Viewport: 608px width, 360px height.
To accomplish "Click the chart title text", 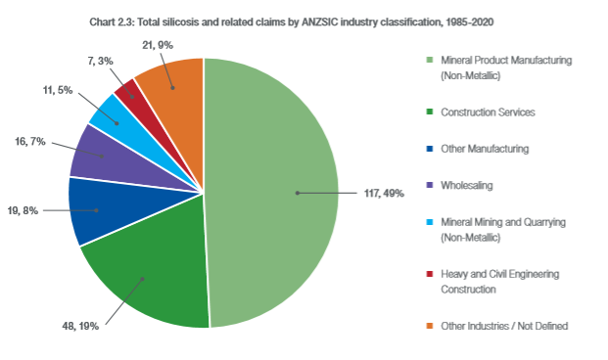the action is click(x=291, y=22).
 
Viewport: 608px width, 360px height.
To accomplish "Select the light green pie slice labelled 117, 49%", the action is click(x=271, y=193).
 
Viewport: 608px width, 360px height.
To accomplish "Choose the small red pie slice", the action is click(x=140, y=102).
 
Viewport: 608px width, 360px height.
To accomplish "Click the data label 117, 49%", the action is click(x=384, y=193).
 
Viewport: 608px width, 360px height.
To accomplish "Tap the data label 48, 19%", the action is click(x=80, y=327).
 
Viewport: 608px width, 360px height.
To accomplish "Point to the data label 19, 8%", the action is click(x=23, y=210).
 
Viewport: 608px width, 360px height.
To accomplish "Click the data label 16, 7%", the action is click(x=30, y=142).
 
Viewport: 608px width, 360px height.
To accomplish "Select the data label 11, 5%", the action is click(x=58, y=90).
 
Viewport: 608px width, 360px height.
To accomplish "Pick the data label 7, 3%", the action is click(x=101, y=61).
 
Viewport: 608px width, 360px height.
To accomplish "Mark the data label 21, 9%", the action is click(x=158, y=45).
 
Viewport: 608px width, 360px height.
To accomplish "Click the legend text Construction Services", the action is click(x=488, y=112).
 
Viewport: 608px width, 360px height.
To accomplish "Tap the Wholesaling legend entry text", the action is click(x=467, y=185).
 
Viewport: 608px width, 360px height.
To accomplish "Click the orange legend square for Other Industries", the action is click(x=430, y=326).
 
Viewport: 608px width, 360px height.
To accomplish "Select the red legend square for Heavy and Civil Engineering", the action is click(x=430, y=274).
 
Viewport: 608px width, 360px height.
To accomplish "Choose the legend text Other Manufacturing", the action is click(x=485, y=149).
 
